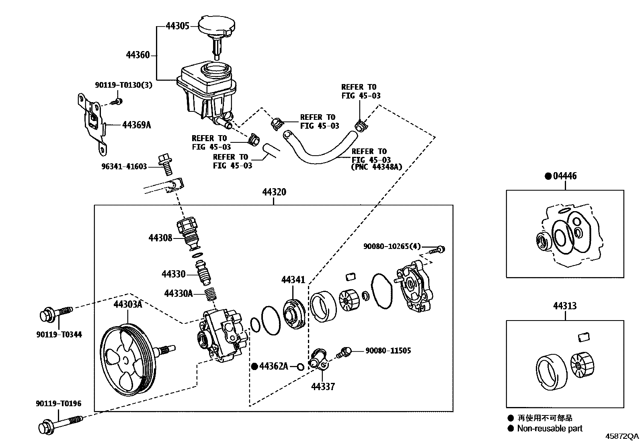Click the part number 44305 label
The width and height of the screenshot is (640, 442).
coord(177,27)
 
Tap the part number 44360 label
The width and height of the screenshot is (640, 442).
coord(137,55)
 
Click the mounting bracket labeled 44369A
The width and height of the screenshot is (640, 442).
coord(93,121)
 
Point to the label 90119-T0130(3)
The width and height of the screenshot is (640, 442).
coord(123,85)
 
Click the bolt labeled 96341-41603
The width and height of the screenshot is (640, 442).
coord(166,164)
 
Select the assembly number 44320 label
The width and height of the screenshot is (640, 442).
coord(274,192)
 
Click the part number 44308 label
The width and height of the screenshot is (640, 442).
coord(160,238)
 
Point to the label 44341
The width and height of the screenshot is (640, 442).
coord(293,280)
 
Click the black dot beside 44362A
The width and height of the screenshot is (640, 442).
coord(254,366)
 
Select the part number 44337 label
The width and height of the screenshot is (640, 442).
coord(323,387)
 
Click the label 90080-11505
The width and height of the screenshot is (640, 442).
coord(388,351)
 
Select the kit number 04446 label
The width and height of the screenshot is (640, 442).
coord(564,176)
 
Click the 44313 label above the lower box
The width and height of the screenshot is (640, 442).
coord(564,306)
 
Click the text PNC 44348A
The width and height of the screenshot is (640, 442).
coord(377,167)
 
